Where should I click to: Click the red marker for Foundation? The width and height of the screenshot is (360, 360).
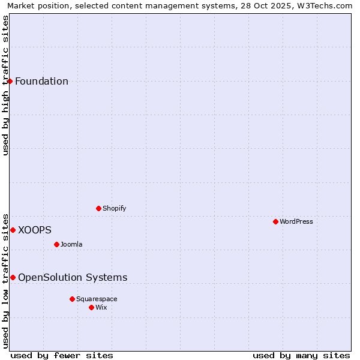click(10, 81)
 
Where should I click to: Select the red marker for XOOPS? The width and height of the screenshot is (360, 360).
click(13, 230)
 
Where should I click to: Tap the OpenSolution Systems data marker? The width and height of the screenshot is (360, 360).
click(13, 277)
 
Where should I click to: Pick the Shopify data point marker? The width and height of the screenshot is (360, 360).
click(98, 208)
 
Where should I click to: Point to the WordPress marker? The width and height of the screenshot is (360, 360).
click(275, 221)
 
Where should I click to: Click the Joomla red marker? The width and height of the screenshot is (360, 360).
click(56, 244)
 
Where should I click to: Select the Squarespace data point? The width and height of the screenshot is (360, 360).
click(72, 299)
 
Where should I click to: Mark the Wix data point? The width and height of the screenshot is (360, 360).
click(91, 307)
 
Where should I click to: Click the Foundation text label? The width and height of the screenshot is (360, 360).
click(41, 82)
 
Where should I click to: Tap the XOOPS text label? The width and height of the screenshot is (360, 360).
click(35, 230)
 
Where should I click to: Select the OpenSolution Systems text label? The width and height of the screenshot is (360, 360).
click(73, 278)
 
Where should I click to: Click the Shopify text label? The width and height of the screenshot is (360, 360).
click(114, 209)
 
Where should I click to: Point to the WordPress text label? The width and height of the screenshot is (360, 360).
click(296, 222)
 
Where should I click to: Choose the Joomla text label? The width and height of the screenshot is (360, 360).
click(71, 245)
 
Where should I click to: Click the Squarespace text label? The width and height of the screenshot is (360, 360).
click(97, 299)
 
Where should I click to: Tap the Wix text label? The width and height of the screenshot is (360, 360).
click(101, 308)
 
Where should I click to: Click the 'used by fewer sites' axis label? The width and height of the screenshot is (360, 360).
click(62, 355)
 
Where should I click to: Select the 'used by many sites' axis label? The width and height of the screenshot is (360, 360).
click(301, 355)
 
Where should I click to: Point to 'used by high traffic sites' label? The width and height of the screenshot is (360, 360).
click(5, 85)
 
